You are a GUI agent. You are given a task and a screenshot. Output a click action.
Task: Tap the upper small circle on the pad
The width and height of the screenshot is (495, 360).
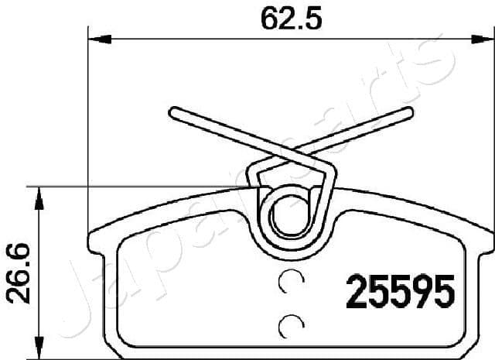[291, 284]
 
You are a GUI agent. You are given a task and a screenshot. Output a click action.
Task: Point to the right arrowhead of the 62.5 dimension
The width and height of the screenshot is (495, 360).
[483, 37]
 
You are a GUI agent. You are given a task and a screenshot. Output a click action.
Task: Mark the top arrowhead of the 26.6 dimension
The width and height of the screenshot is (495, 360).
[36, 191]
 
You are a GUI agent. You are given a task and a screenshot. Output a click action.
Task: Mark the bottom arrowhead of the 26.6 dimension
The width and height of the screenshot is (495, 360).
[36, 352]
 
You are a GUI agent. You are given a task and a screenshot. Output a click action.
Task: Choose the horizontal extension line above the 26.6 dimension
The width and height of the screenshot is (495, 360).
[139, 186]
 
